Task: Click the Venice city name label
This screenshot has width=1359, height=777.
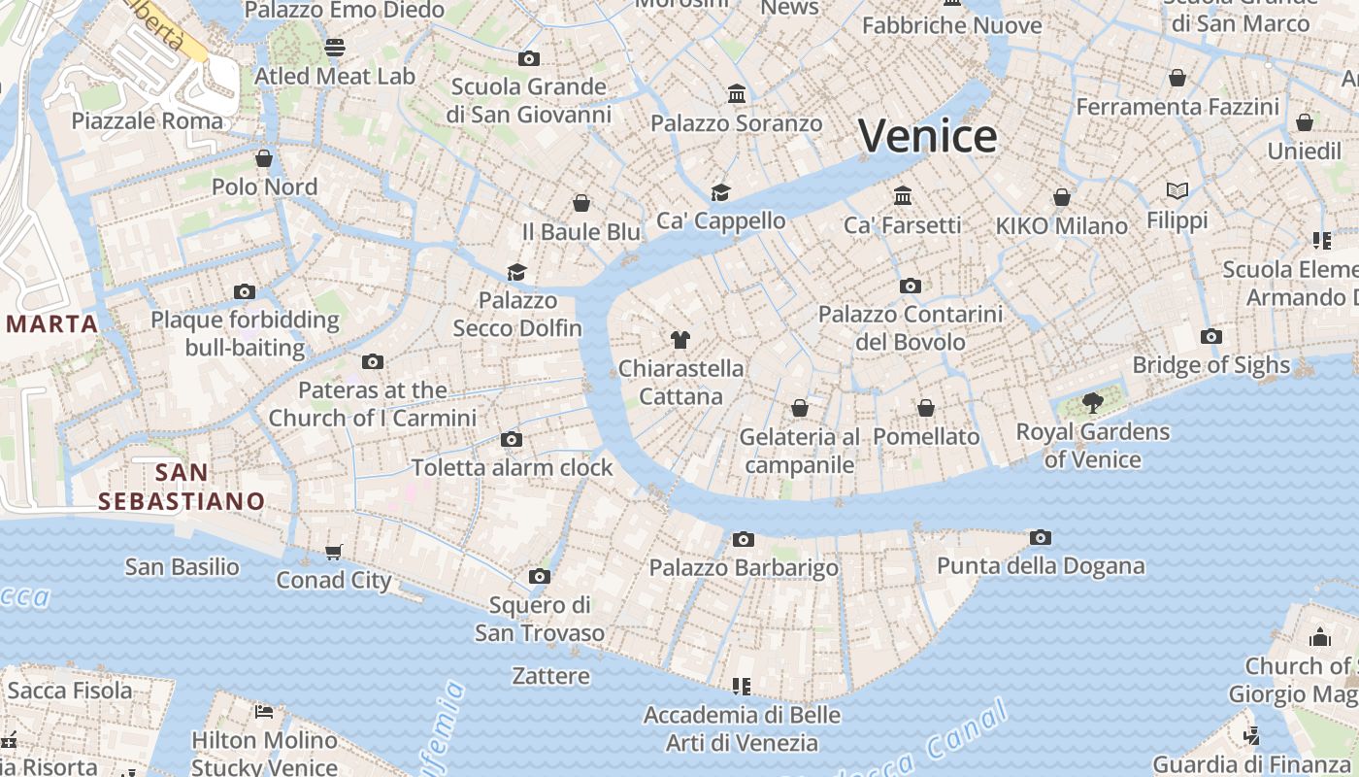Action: point(928,136)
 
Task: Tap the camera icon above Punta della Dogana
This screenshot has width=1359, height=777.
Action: point(1041,537)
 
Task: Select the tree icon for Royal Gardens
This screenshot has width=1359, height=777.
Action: point(1093,402)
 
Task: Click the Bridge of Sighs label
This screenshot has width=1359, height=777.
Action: point(1211,365)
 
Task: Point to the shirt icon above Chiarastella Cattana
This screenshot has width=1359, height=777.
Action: point(680,340)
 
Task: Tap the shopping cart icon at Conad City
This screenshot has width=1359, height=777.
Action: point(334,552)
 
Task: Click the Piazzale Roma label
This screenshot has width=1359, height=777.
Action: point(148,120)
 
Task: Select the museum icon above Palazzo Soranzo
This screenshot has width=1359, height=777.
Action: point(737,94)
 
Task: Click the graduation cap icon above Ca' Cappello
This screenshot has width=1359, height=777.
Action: point(720,192)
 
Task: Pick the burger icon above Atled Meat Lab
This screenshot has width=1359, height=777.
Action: point(335,47)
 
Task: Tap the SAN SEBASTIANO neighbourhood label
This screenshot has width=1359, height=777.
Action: point(182,487)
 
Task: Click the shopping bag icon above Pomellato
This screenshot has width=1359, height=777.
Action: point(926,408)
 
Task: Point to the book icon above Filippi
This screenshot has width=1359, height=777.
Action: point(1177,191)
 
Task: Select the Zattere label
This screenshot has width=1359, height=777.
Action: point(550,676)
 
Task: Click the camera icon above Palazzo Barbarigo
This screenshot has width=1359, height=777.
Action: point(744,539)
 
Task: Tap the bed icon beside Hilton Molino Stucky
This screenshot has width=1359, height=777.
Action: point(264,711)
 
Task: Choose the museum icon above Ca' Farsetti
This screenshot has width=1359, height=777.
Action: point(903,196)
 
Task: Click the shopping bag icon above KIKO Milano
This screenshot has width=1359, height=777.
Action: point(1062,197)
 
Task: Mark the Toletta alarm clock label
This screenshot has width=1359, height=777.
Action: point(513,467)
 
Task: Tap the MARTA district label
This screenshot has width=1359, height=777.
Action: point(52,323)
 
